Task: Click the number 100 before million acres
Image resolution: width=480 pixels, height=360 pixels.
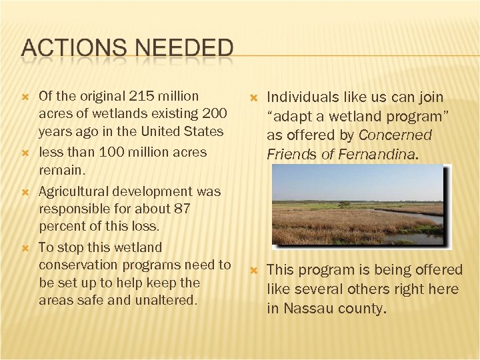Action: pyautogui.click(x=111, y=152)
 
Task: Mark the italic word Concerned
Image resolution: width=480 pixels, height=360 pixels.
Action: pyautogui.click(x=395, y=135)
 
